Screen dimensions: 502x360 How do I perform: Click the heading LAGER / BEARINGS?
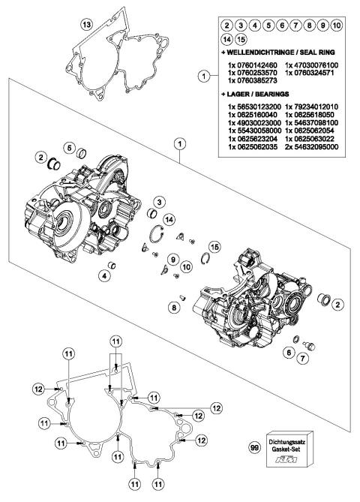point(266,97)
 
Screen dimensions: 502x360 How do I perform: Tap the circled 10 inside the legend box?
point(337,26)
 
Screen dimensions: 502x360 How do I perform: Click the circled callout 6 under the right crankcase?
point(287,350)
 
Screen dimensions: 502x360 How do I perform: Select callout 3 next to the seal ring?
point(160,201)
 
